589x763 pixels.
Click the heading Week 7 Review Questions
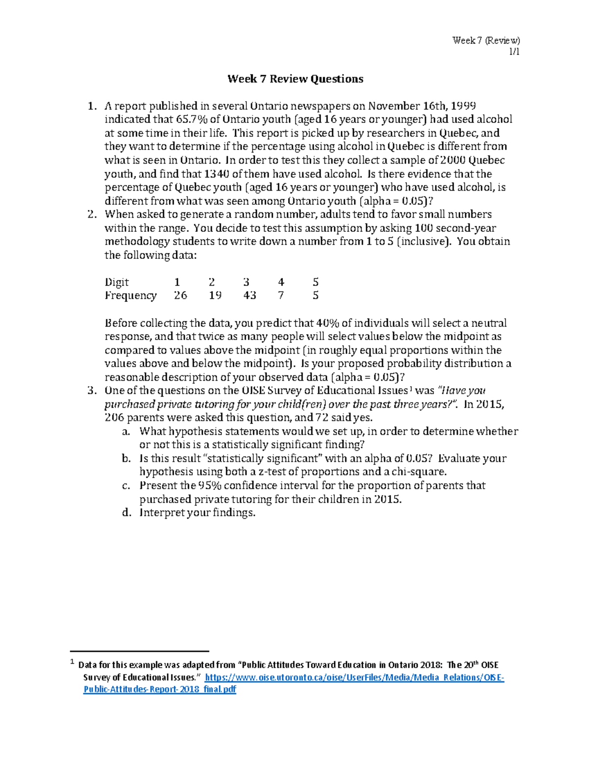(x=295, y=79)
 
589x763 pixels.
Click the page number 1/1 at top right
(x=514, y=52)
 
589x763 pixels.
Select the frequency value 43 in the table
(x=249, y=295)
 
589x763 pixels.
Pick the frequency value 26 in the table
(x=180, y=295)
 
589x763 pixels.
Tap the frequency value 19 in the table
(x=214, y=295)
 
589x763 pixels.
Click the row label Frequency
(x=131, y=295)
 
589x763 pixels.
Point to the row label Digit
(x=116, y=282)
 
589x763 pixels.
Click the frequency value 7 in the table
(x=281, y=295)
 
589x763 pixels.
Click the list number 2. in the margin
(x=92, y=214)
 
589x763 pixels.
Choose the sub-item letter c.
(x=126, y=485)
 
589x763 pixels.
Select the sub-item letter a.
(x=126, y=431)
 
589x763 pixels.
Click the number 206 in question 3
(x=114, y=418)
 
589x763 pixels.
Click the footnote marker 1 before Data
(x=72, y=662)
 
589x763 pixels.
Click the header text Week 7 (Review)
(x=486, y=41)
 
